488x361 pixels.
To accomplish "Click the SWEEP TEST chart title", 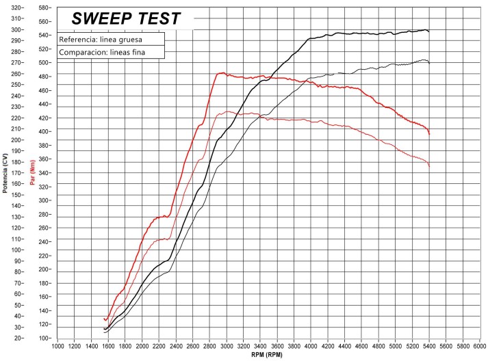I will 126,18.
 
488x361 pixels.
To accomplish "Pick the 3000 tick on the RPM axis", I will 227,347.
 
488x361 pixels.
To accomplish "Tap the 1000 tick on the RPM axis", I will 58,347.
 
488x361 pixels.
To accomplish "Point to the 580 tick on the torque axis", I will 45,8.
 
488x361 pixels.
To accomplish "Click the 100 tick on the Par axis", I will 45,338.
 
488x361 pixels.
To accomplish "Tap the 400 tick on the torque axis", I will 45,131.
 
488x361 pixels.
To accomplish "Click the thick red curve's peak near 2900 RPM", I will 221,72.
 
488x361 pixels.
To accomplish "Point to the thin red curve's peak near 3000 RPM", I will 226,111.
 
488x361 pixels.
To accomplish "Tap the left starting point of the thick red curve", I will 104,319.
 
